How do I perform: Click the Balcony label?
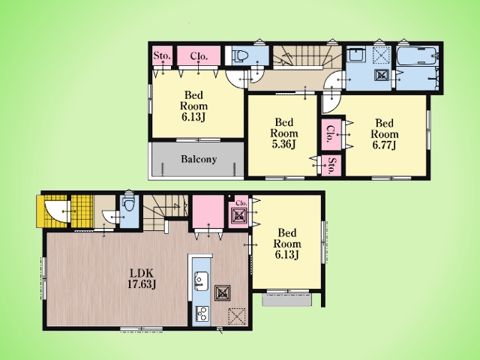tap(199, 159)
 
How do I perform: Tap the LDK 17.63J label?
tap(142, 278)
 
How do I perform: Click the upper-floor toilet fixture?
tap(241, 56)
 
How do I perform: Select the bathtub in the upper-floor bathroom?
tap(417, 55)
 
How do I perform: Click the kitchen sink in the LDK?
tap(202, 280)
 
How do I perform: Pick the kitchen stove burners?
tap(202, 313)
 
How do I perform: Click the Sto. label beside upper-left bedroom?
tap(162, 55)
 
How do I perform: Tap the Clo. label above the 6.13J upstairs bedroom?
tap(199, 56)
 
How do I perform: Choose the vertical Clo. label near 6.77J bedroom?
tap(330, 133)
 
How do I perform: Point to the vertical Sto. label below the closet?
tap(331, 166)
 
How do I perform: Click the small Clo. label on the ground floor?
tap(241, 203)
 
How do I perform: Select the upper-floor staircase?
tap(307, 58)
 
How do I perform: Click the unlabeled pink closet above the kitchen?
tap(208, 211)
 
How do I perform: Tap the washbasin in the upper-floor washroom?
tap(355, 55)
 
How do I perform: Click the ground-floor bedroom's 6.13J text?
tap(286, 254)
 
